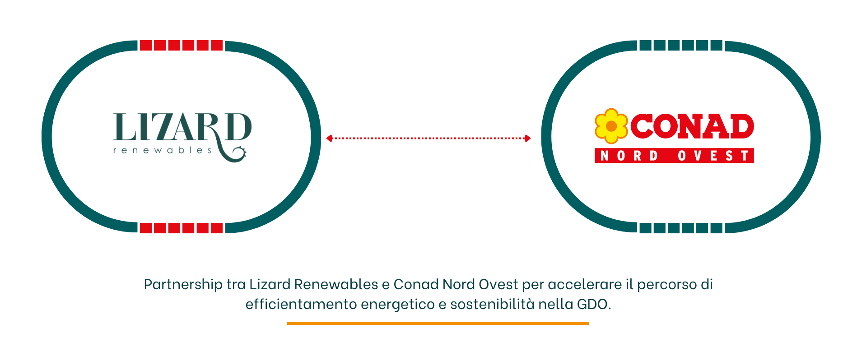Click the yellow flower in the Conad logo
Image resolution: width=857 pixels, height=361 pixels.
tap(611, 126)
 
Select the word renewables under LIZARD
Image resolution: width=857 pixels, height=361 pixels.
tap(162, 150)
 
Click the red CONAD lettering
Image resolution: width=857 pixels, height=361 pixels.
tap(692, 126)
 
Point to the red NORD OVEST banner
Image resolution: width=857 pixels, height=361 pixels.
tap(674, 156)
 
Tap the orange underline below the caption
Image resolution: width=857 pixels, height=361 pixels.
tap(438, 323)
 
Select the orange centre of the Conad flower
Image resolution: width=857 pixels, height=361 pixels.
tap(611, 126)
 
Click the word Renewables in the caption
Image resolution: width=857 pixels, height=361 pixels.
tap(336, 285)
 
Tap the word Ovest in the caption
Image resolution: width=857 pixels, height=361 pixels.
tap(498, 285)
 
